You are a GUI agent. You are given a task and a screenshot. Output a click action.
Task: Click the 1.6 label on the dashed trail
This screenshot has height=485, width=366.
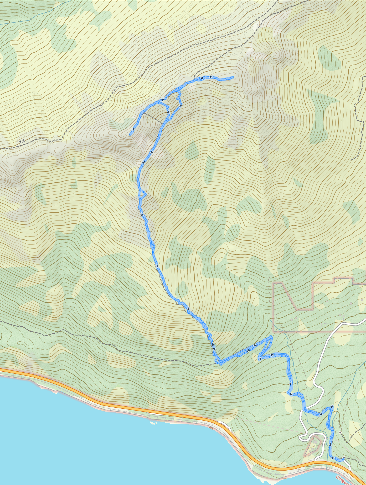(22, 141)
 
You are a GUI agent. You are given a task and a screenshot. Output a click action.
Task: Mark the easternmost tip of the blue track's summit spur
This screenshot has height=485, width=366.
(233, 77)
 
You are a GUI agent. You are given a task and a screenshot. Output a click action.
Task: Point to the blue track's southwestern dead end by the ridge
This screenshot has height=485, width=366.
(130, 135)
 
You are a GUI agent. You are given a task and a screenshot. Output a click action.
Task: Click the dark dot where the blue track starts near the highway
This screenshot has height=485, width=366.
(344, 458)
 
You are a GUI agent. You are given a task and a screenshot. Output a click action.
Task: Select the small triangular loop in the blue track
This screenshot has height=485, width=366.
(142, 194)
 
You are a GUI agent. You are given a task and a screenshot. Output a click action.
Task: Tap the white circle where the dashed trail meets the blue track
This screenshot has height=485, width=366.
(144, 113)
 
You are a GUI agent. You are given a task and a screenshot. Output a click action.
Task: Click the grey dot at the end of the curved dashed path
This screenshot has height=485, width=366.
(340, 432)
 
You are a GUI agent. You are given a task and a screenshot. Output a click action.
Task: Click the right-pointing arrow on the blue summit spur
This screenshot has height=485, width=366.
(211, 77)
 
